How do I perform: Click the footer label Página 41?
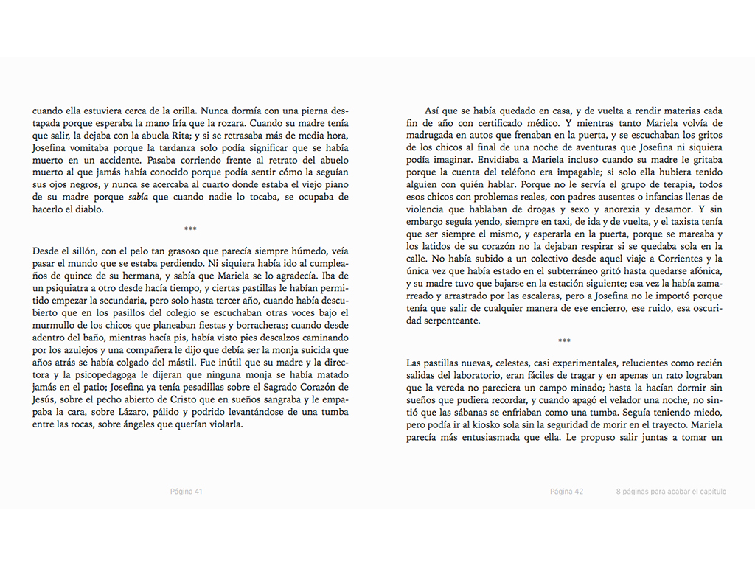click(187, 491)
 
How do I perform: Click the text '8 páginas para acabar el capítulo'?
click(672, 491)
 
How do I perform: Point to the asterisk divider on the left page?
click(190, 230)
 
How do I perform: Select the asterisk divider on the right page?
click(564, 341)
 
